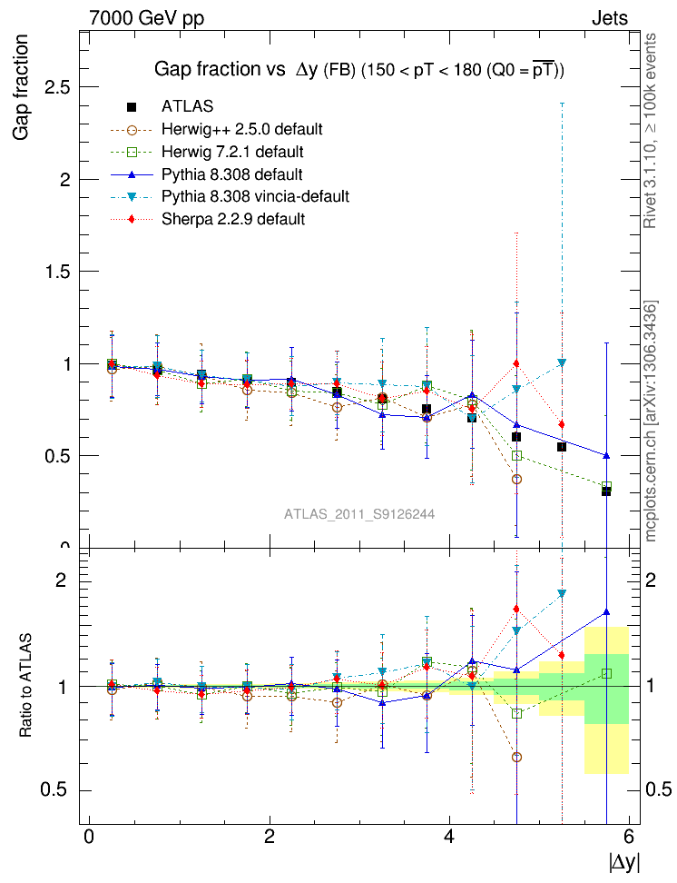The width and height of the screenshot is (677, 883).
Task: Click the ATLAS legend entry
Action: [x=187, y=106]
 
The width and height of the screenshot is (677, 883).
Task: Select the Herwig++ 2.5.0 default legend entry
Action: [x=241, y=128]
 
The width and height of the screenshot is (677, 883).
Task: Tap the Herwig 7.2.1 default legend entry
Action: [x=231, y=151]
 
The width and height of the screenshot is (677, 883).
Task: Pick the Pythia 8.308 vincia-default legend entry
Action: [x=254, y=196]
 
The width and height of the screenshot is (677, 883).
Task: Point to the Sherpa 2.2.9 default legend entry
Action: [x=232, y=219]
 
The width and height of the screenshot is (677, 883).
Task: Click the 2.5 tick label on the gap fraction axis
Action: [x=61, y=87]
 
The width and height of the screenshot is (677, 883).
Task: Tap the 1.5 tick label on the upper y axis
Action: [x=61, y=272]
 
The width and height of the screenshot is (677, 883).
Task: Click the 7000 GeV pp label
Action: [x=147, y=18]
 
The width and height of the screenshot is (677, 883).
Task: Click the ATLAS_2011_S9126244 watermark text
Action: [x=359, y=514]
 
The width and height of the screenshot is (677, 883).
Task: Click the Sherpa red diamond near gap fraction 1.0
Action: [x=516, y=363]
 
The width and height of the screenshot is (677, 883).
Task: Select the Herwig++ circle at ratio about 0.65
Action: [x=516, y=757]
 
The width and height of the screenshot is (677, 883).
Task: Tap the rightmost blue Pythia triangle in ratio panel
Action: [x=606, y=612]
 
